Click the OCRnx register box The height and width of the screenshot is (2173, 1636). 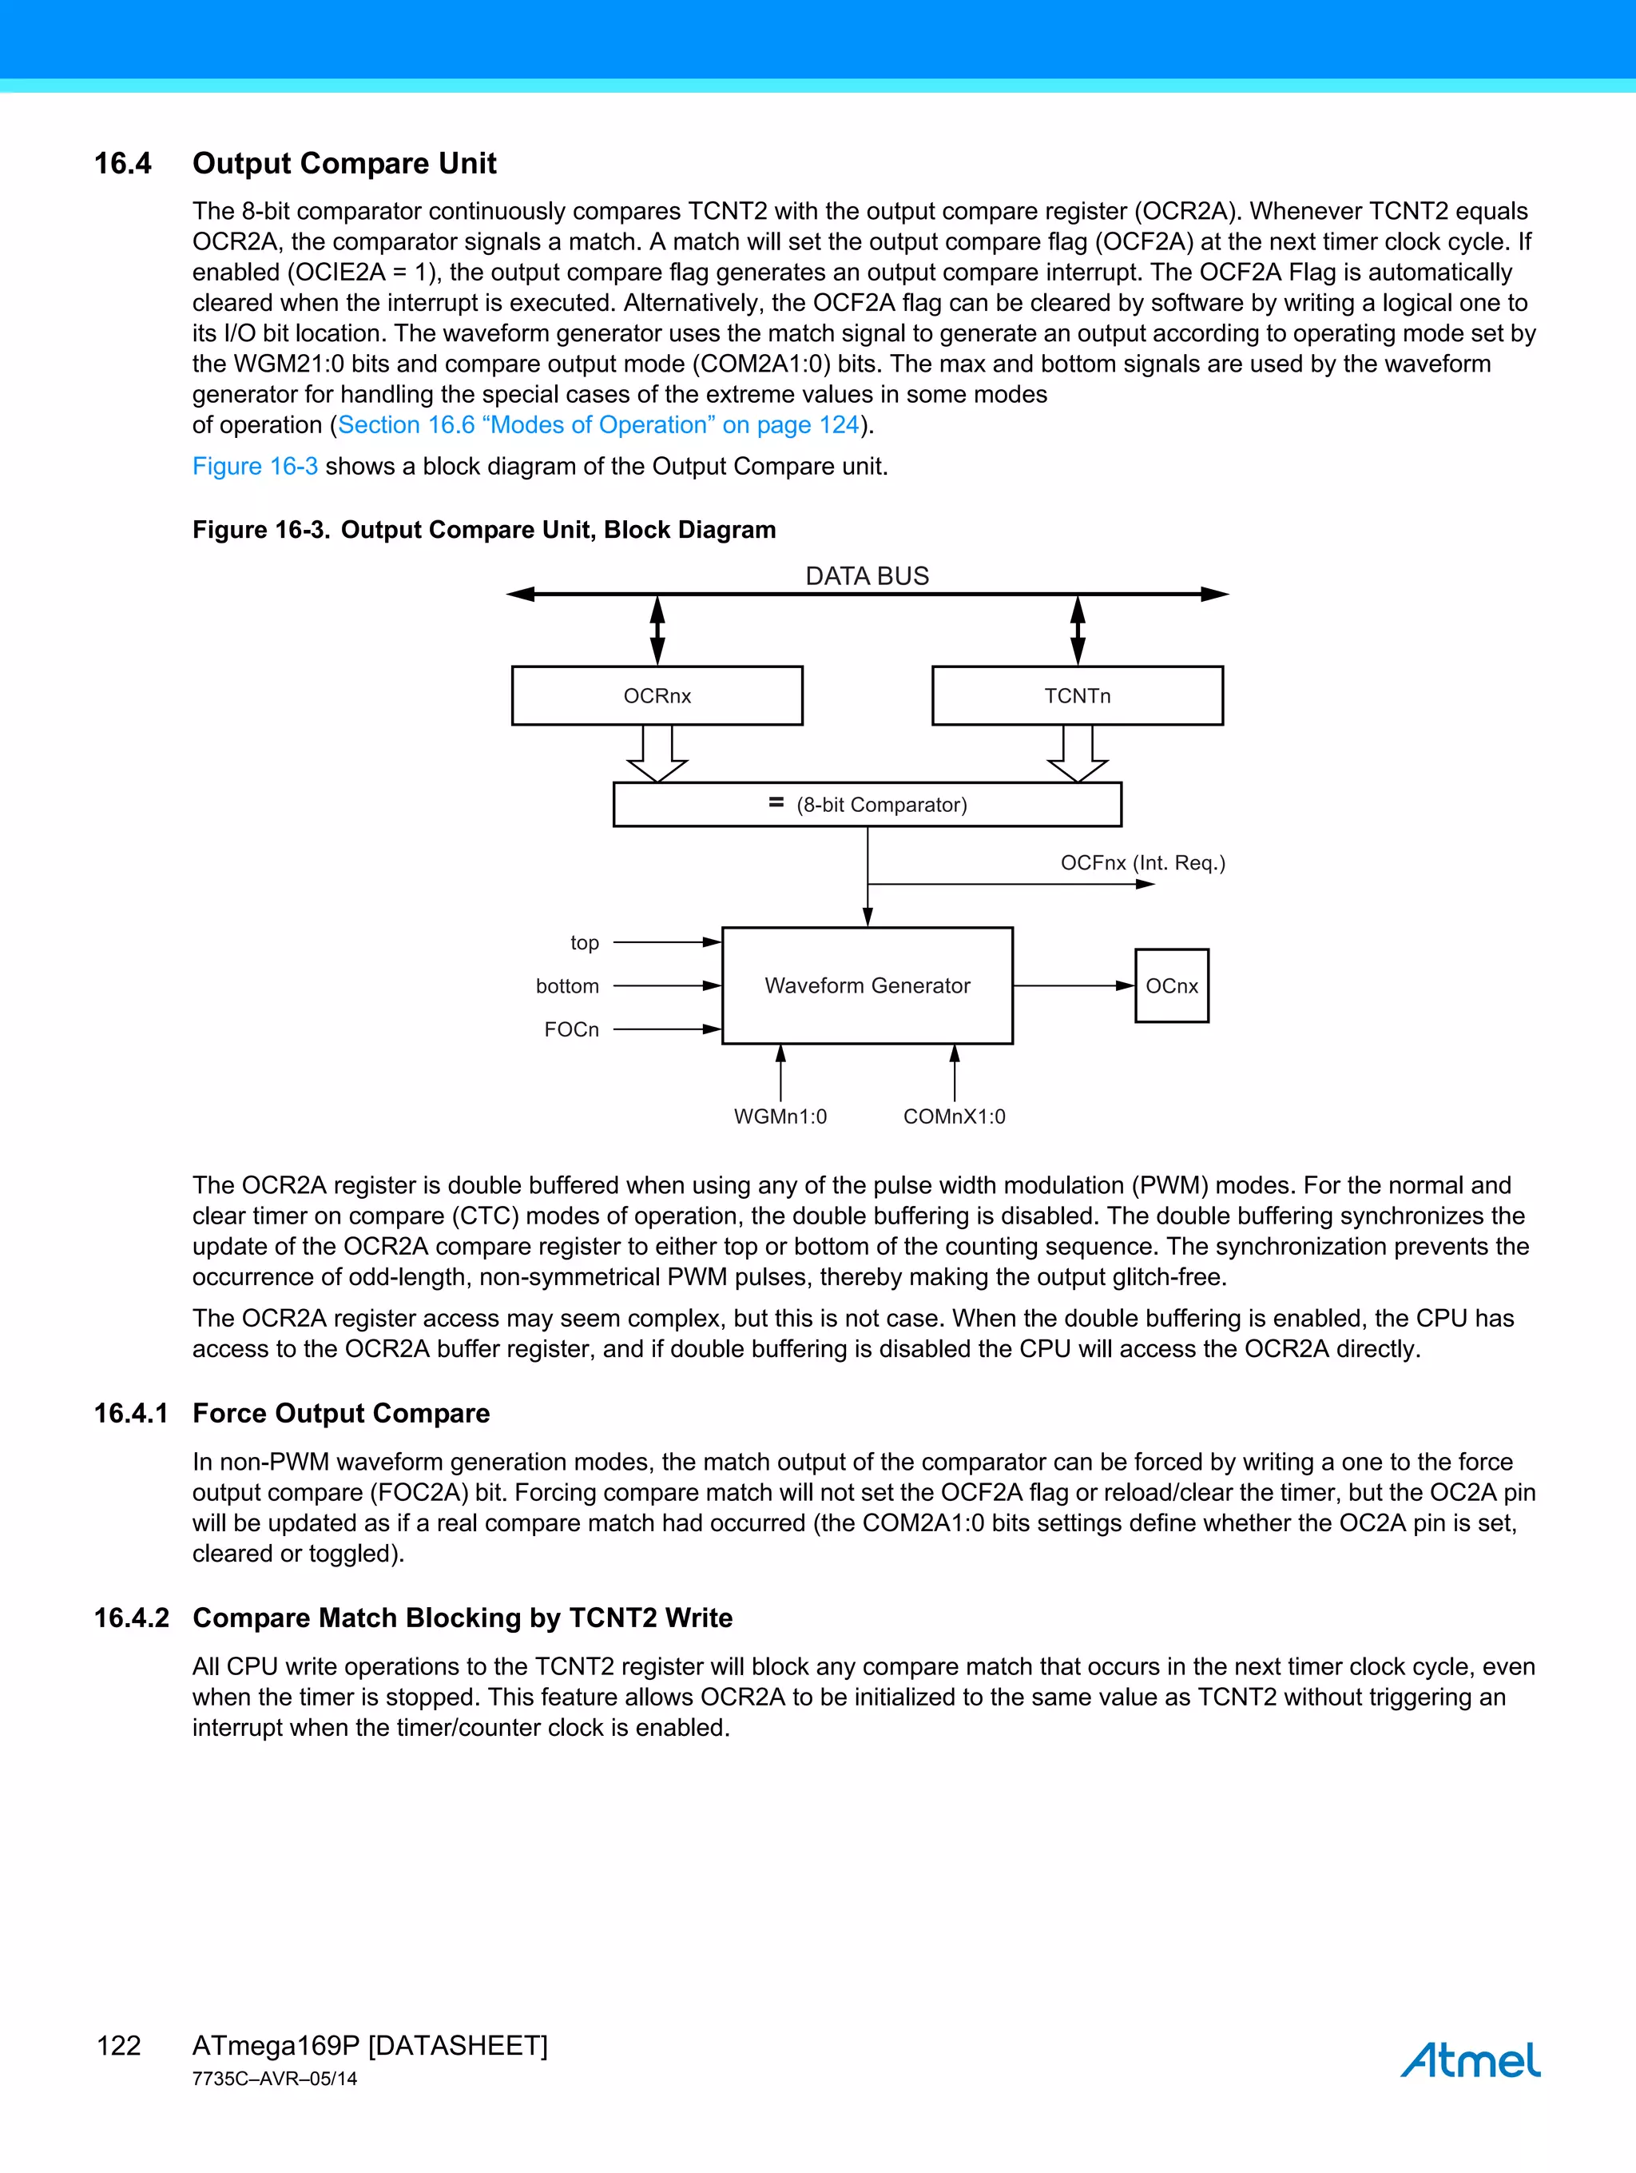(x=657, y=695)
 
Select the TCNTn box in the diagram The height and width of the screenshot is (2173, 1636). (x=1078, y=695)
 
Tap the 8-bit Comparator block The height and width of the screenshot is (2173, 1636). (x=867, y=805)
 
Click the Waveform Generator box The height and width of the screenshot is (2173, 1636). (x=867, y=985)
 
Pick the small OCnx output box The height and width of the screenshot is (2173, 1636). (x=1172, y=985)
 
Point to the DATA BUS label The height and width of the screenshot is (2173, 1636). (x=867, y=575)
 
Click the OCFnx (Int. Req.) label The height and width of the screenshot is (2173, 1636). (x=1142, y=862)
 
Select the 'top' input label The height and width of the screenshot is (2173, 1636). (x=584, y=943)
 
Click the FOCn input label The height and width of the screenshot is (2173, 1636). (x=571, y=1029)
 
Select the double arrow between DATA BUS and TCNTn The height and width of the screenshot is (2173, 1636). (x=1078, y=631)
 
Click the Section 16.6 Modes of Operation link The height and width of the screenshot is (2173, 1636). (x=598, y=424)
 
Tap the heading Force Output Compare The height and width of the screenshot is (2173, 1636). (x=341, y=1413)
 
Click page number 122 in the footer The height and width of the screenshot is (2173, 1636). (x=119, y=2045)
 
